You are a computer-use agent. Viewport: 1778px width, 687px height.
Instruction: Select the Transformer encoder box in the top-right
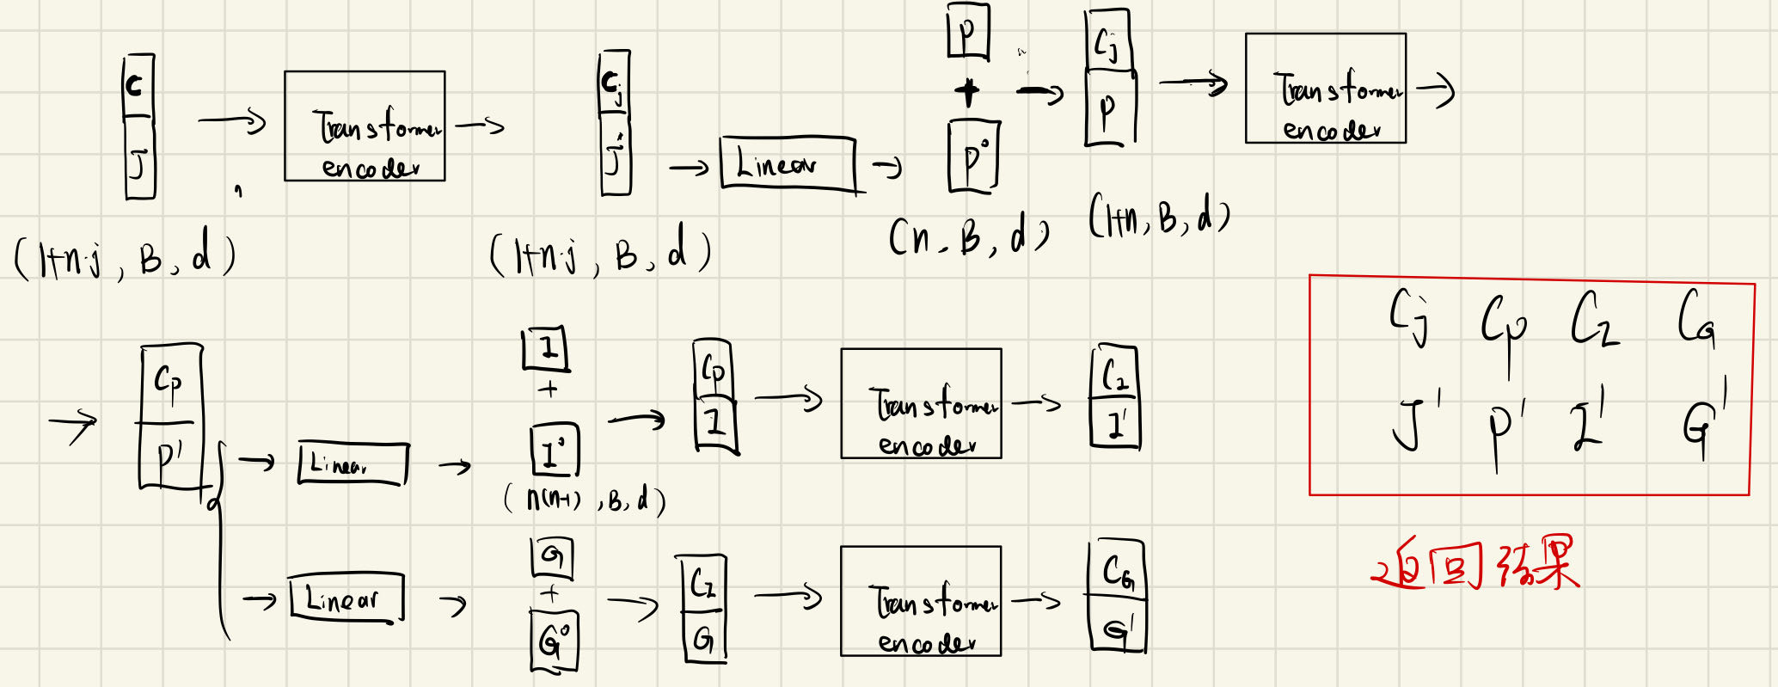click(x=1325, y=89)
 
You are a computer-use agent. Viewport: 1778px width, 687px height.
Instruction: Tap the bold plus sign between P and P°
click(x=967, y=91)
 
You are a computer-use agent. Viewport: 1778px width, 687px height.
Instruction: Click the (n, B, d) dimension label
click(x=968, y=236)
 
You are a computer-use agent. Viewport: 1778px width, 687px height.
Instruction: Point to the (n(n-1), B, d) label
click(x=585, y=500)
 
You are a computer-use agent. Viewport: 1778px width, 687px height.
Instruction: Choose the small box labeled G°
click(x=554, y=641)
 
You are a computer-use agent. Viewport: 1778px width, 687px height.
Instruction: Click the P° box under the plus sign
click(x=973, y=157)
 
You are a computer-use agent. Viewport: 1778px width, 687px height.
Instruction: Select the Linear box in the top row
click(x=788, y=163)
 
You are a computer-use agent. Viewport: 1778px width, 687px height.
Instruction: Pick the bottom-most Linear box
click(x=346, y=598)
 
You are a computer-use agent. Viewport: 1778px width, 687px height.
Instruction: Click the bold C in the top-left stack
click(x=136, y=86)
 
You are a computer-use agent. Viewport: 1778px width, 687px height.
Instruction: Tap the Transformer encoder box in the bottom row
click(x=921, y=601)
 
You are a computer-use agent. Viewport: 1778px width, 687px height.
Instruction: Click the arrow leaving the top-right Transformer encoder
click(x=1434, y=89)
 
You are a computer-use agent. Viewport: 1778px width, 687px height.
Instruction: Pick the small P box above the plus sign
click(x=967, y=31)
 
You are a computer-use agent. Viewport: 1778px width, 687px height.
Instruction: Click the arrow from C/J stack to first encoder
click(x=232, y=121)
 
